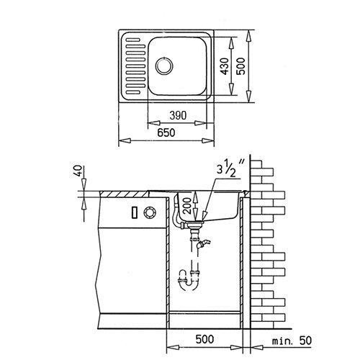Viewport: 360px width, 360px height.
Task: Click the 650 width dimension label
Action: click(166, 132)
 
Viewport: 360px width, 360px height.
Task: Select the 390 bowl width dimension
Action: click(178, 115)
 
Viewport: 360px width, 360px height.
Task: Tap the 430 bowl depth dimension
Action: click(225, 66)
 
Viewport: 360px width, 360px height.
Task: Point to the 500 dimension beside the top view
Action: click(240, 66)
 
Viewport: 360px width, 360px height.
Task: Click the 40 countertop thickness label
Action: click(80, 171)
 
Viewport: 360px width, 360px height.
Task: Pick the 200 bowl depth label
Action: click(187, 206)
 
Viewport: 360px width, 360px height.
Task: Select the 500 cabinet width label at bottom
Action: click(204, 339)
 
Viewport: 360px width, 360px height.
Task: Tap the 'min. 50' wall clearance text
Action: click(292, 341)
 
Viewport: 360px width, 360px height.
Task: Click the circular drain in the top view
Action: click(164, 66)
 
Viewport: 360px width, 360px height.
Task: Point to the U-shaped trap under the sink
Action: click(189, 282)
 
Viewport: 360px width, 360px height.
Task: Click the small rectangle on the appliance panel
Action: click(135, 213)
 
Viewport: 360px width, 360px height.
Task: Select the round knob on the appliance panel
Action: click(150, 212)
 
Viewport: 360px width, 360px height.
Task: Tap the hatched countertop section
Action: click(124, 194)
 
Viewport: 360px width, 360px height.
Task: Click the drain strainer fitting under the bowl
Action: click(195, 224)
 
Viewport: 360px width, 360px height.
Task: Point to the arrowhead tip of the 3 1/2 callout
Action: click(203, 219)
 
